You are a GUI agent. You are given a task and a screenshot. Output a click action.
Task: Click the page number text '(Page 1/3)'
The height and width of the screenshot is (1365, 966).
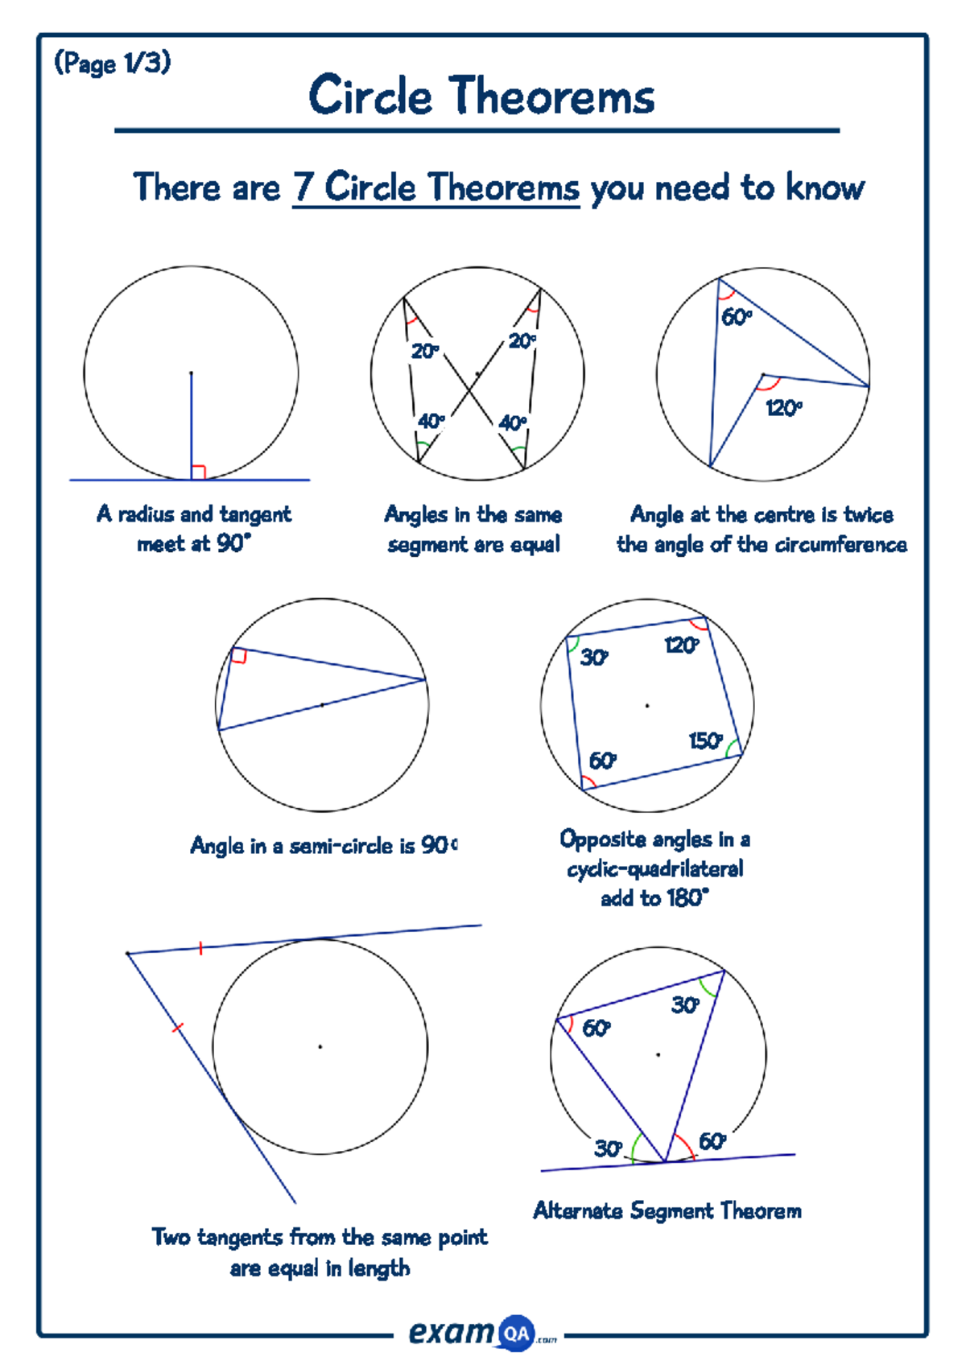pos(112,63)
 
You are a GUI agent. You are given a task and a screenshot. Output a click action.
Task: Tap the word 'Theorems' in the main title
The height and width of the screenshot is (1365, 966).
pos(551,97)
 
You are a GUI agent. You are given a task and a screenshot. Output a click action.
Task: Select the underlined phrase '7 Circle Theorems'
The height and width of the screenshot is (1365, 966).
pos(436,188)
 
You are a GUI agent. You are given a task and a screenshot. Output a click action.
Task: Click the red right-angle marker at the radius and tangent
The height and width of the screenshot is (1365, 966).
pos(199,472)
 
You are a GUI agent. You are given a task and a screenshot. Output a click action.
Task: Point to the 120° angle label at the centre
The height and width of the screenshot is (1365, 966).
pos(783,408)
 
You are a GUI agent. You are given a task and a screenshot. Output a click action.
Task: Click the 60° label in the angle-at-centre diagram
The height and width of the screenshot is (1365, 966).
pos(736,317)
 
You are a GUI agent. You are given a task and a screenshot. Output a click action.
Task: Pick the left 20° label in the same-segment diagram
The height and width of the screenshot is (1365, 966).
pos(425,352)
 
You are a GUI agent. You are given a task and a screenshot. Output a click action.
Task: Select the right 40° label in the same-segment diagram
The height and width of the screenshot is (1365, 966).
pos(513,423)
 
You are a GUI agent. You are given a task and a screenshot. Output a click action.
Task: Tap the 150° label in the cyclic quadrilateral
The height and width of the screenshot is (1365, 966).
pos(706,740)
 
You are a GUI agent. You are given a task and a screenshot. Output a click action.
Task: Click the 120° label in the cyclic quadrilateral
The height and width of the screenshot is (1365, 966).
pos(681,645)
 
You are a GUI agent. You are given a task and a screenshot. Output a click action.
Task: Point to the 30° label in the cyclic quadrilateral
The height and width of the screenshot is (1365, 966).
pos(594,658)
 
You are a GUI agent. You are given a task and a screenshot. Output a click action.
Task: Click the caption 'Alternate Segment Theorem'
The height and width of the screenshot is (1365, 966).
pos(667,1210)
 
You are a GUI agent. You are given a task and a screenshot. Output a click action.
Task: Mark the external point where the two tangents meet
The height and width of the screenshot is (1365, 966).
pos(128,954)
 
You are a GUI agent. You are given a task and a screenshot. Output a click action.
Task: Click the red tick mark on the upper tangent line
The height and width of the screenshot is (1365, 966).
pos(200,949)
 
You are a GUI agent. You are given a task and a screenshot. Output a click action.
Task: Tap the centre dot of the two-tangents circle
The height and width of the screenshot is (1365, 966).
pos(320,1046)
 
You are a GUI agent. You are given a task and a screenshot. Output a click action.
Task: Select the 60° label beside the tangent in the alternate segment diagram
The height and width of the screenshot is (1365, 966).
pos(712,1141)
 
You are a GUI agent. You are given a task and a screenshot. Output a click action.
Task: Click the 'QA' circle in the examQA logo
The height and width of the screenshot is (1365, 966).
pos(516,1334)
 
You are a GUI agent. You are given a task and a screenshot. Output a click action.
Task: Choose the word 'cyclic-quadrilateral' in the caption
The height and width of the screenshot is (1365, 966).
pos(654,869)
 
